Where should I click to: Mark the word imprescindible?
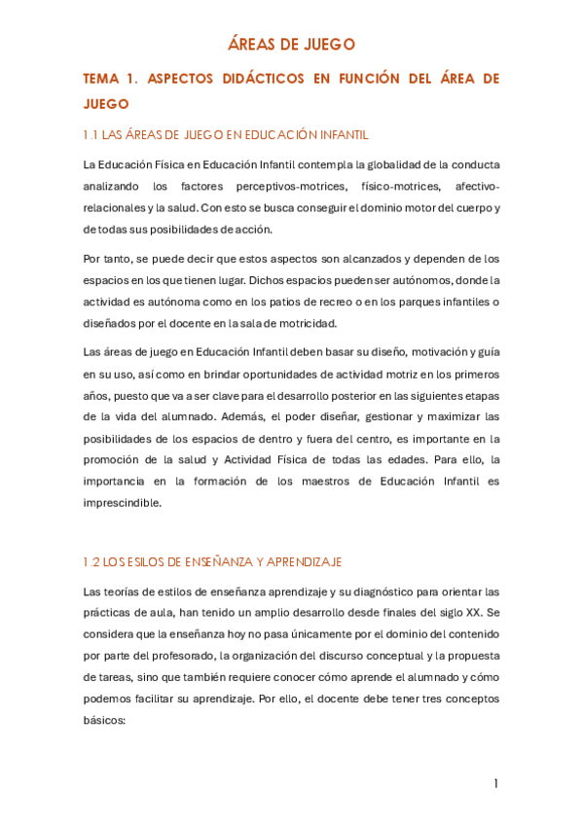[125, 503]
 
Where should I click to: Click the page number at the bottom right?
[495, 783]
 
